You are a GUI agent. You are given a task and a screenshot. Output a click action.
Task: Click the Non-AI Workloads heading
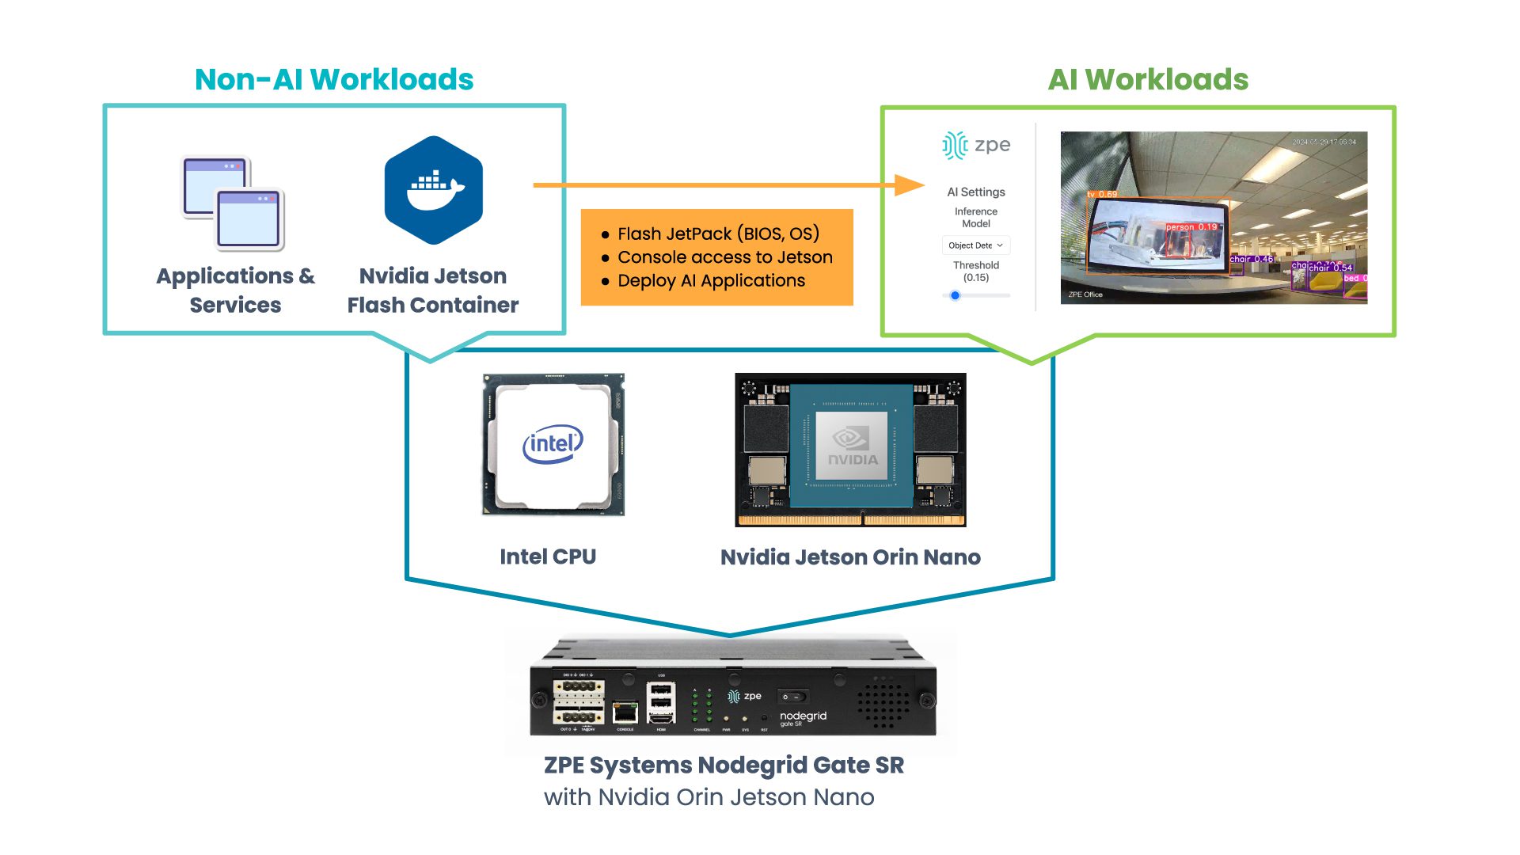click(333, 80)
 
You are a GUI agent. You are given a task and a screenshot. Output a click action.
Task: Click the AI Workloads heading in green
click(1147, 80)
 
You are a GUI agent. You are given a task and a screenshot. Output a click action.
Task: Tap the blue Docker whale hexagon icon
click(434, 190)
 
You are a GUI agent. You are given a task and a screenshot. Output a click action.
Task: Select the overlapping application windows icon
click(233, 203)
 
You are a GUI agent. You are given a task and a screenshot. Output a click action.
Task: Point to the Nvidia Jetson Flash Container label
click(432, 290)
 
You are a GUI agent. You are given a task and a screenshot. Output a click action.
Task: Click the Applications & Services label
click(235, 290)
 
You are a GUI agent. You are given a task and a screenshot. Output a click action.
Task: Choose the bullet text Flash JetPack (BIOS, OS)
click(717, 234)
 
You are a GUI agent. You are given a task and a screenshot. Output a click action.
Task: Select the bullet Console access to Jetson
click(724, 257)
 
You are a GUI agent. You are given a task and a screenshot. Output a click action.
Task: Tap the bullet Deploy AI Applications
click(711, 281)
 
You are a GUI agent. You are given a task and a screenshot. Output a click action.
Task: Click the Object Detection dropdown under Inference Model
click(975, 245)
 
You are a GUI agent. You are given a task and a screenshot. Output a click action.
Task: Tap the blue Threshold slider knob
click(956, 295)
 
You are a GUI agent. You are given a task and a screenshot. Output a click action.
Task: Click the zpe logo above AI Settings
click(976, 146)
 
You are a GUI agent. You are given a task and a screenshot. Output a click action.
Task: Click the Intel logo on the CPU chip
click(553, 444)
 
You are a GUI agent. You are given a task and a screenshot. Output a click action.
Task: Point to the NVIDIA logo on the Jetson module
click(852, 447)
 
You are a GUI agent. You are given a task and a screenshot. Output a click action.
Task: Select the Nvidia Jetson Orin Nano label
click(850, 557)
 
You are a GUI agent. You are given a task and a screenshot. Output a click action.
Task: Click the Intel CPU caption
click(548, 557)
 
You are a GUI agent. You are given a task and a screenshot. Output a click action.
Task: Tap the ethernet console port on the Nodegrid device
click(625, 711)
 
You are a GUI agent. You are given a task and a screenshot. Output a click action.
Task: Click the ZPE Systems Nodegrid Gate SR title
click(724, 766)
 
